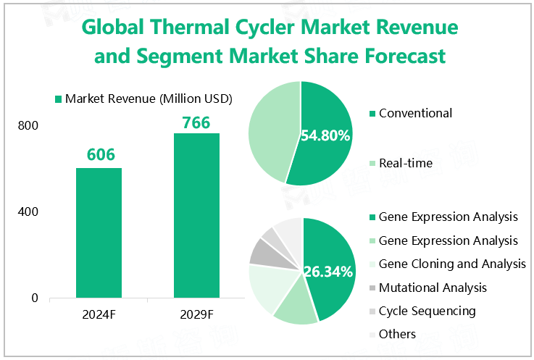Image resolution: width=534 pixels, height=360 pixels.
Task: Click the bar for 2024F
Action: click(100, 233)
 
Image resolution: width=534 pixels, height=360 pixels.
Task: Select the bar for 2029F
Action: click(196, 215)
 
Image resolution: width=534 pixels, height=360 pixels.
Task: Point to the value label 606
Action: click(101, 155)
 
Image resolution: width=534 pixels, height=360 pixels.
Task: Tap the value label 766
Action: click(196, 122)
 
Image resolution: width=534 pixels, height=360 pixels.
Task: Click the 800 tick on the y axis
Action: click(28, 126)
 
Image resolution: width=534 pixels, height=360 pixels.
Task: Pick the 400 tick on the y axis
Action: click(28, 212)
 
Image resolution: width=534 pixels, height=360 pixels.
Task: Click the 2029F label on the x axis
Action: click(196, 315)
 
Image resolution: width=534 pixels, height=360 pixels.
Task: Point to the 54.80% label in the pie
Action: click(325, 135)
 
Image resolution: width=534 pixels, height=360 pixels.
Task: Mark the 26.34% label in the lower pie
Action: click(328, 272)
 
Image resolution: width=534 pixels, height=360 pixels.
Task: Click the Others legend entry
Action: click(397, 334)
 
